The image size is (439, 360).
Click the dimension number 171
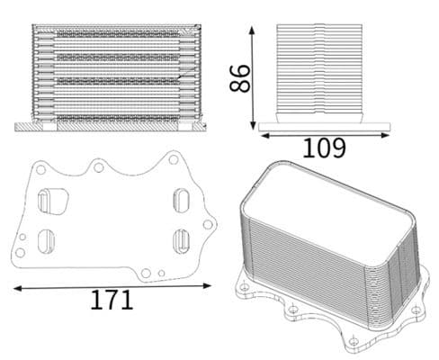111,301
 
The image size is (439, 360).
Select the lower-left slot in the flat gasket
47,241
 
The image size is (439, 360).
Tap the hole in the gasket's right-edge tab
208,224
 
